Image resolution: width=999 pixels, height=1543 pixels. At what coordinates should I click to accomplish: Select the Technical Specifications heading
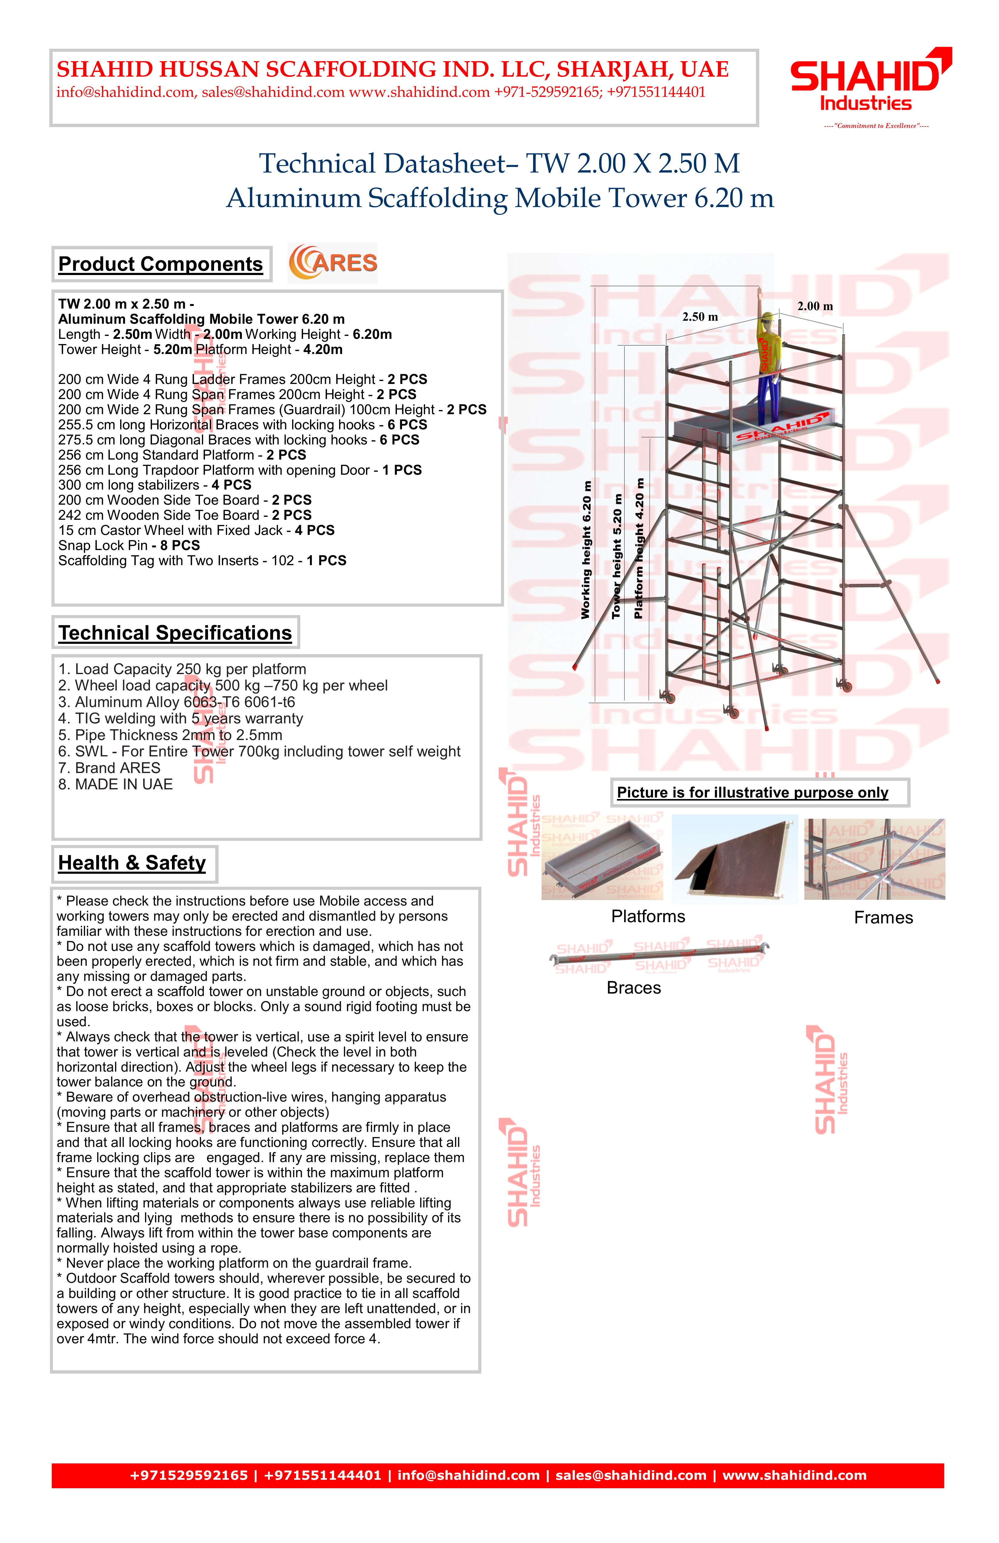pyautogui.click(x=175, y=633)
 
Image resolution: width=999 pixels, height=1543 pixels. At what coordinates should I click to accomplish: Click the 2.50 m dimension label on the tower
pyautogui.click(x=700, y=317)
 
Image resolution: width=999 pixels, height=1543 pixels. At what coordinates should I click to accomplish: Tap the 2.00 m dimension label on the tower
pyautogui.click(x=815, y=307)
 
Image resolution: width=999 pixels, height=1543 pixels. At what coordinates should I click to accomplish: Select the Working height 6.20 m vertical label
pyautogui.click(x=586, y=550)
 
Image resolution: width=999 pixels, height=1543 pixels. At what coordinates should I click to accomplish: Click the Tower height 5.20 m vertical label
pyautogui.click(x=617, y=556)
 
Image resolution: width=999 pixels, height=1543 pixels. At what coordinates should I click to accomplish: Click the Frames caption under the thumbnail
pyautogui.click(x=883, y=918)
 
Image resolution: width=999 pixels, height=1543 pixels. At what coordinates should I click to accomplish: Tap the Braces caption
pyautogui.click(x=634, y=988)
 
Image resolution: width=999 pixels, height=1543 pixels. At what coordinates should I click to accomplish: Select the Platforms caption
pyautogui.click(x=648, y=917)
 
